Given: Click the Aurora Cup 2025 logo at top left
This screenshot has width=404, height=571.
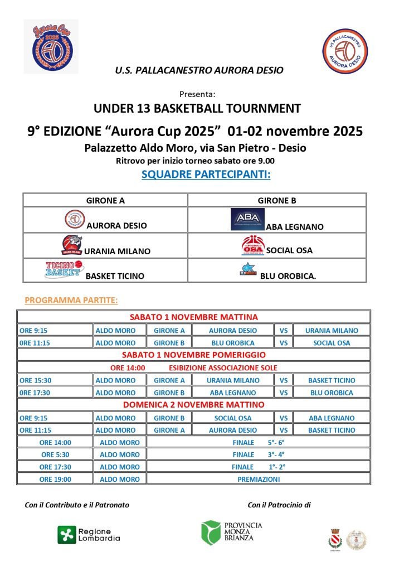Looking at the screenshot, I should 51,47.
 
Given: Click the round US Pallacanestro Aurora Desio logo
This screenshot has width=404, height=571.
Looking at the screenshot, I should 345,52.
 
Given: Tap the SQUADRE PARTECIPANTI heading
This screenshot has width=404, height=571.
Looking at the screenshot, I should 206,175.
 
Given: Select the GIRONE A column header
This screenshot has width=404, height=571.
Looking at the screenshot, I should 105,200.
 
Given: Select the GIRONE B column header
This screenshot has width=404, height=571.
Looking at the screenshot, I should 276,200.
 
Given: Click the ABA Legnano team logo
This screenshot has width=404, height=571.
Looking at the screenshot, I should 247,220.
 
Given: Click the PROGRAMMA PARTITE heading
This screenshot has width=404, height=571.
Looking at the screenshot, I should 71,301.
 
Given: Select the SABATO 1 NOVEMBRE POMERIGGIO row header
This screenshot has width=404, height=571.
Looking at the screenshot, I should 194,355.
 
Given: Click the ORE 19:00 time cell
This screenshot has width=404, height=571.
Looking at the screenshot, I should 55,479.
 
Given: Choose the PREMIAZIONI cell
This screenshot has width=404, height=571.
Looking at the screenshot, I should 259,479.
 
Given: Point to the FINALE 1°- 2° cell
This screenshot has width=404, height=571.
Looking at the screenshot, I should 258,467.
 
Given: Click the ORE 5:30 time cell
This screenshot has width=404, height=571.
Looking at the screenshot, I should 55,454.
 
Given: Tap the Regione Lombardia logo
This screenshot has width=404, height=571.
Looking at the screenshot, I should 89,535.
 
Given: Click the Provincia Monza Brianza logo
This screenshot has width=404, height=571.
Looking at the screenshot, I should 231,532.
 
